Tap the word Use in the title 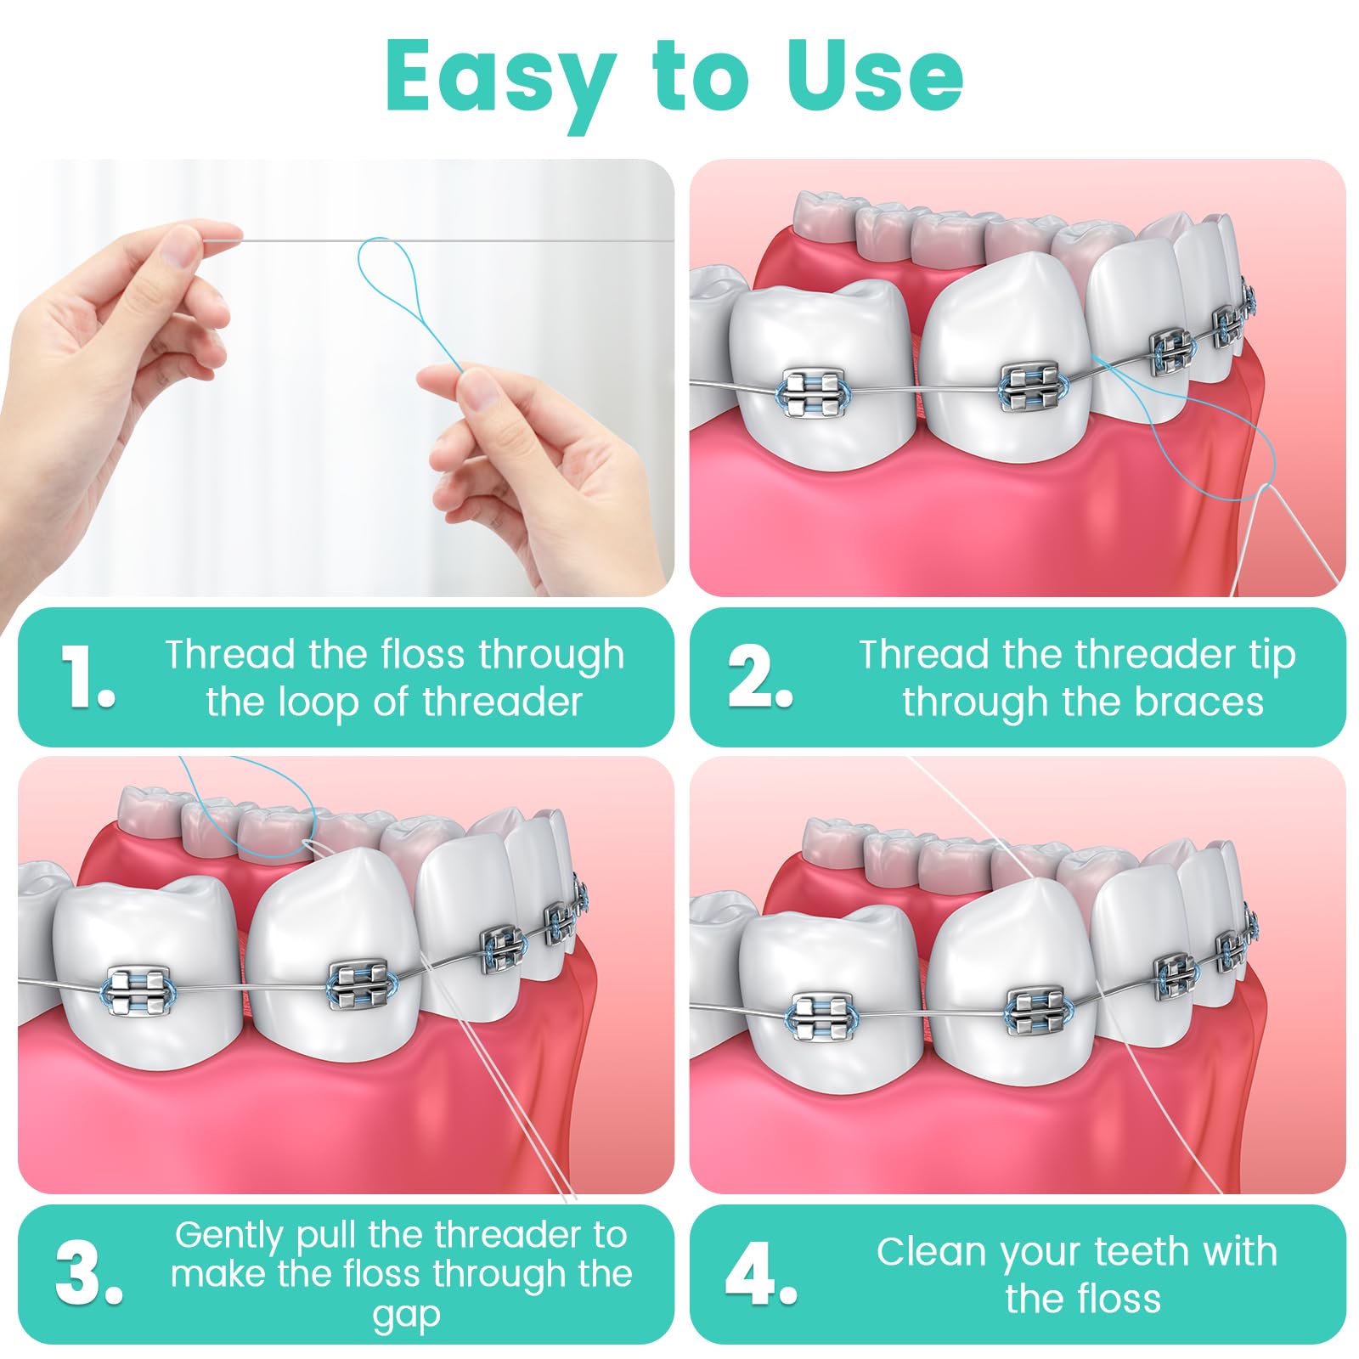tap(875, 76)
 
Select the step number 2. tap(758, 677)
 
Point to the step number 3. tap(87, 1274)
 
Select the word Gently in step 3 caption tap(228, 1235)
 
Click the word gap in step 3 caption tap(406, 1314)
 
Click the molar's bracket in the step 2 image tap(813, 393)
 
